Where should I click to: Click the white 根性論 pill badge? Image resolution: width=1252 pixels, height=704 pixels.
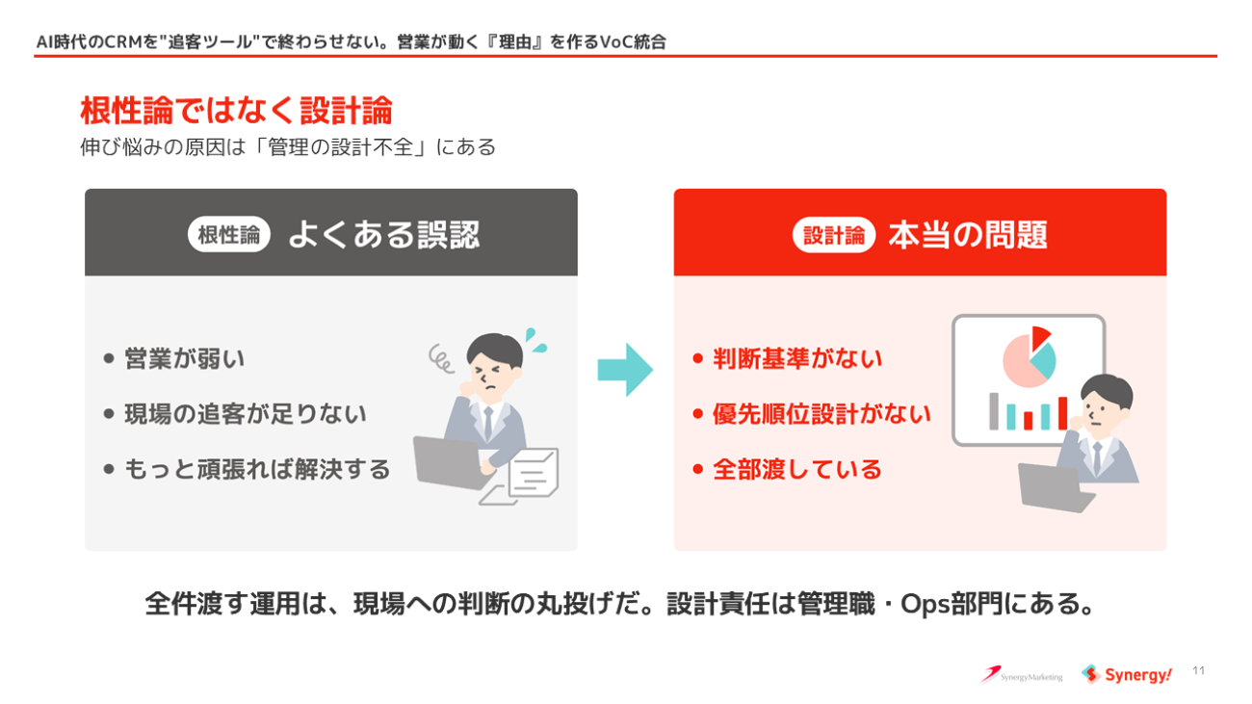[229, 235]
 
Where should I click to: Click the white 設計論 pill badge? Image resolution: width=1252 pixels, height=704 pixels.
[833, 235]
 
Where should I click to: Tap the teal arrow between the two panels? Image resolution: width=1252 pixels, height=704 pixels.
[625, 370]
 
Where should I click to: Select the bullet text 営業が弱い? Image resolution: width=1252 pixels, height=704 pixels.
[185, 358]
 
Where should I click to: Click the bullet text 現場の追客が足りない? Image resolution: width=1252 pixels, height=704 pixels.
[246, 414]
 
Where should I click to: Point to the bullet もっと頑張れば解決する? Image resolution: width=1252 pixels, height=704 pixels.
[258, 469]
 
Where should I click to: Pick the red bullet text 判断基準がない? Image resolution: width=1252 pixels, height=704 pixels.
[797, 358]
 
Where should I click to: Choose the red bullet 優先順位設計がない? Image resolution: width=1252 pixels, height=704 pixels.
[822, 414]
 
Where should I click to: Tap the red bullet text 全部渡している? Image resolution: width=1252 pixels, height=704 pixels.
[797, 469]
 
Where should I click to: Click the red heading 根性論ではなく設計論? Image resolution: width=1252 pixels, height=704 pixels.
[236, 110]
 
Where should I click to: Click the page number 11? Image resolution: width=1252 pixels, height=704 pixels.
[1198, 670]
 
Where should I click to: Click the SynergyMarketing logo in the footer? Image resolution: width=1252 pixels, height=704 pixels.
[1021, 675]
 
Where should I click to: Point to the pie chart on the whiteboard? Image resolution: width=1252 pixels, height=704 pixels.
[1029, 357]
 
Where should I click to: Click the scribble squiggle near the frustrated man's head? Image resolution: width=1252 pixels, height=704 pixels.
[441, 358]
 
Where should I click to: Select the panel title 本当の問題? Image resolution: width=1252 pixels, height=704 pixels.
[968, 235]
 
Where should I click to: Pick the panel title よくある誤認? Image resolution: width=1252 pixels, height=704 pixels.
[384, 235]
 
